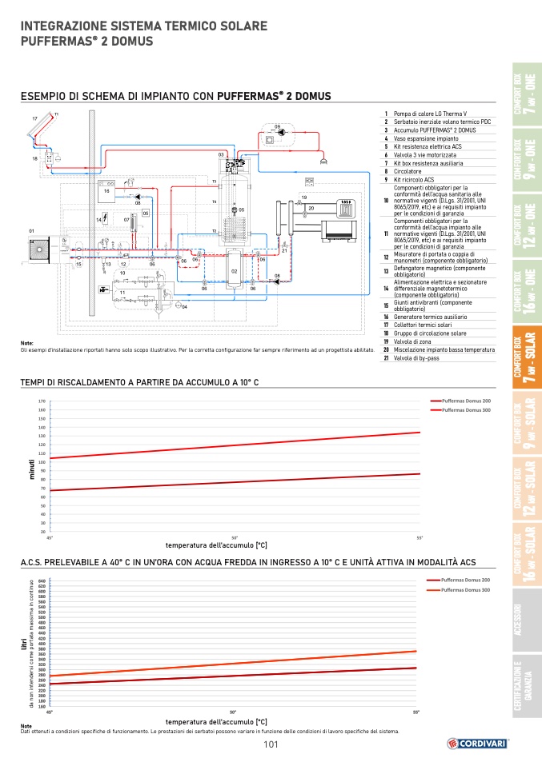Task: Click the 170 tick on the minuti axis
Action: (x=41, y=401)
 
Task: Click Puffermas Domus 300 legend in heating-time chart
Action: (x=466, y=409)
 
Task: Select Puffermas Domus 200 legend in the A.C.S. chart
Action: (x=465, y=580)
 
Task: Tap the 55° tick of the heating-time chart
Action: (x=420, y=537)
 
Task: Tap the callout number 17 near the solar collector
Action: (x=34, y=118)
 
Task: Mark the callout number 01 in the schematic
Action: (x=31, y=231)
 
